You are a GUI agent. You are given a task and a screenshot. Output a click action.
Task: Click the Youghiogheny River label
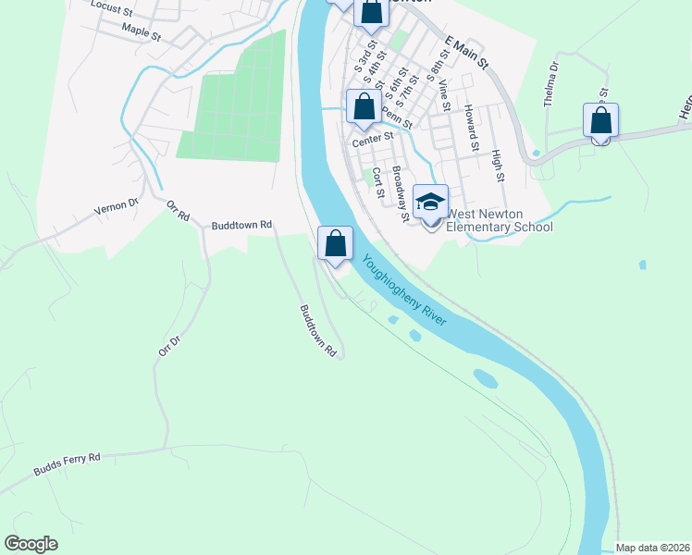pos(404,289)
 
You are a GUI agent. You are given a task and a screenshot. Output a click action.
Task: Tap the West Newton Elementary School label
pos(500,220)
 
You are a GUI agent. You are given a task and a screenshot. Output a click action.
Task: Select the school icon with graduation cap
pos(431,202)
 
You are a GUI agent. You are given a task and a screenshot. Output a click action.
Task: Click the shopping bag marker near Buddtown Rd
pos(336,243)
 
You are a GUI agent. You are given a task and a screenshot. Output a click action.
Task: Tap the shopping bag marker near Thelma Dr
pos(600,120)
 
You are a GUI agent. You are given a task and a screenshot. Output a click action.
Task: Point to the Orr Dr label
pos(167,346)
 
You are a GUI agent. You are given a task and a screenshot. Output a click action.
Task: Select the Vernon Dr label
pos(116,209)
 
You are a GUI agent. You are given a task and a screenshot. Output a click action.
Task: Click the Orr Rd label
pos(178,210)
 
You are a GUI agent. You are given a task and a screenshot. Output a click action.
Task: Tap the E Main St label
pos(466,51)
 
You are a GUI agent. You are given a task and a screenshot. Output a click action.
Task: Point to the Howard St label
pos(472,128)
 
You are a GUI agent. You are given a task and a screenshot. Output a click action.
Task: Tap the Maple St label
pos(142,33)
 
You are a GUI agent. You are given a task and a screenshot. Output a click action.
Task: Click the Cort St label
pos(377,182)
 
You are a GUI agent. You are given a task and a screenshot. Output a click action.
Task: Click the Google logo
pos(31,544)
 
